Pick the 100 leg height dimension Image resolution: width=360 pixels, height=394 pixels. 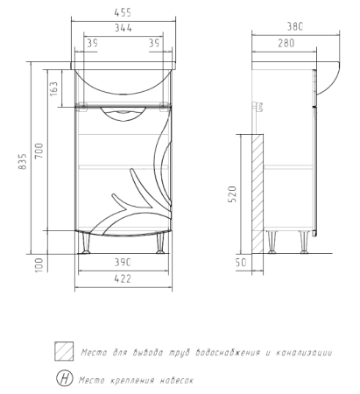pos(39,264)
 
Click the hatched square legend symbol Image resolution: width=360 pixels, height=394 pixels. pos(64,352)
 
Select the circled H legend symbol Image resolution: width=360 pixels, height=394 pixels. pos(64,379)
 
